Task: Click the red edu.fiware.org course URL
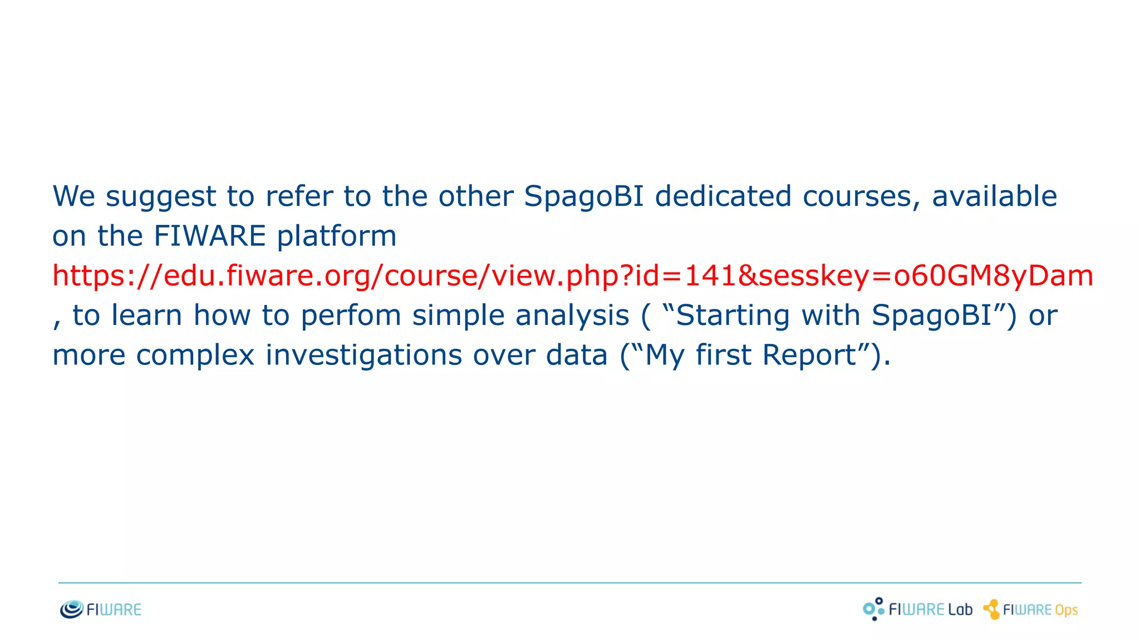(572, 276)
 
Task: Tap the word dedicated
(723, 196)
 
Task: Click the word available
(994, 196)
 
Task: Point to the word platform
(336, 236)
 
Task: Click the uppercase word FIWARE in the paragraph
(209, 236)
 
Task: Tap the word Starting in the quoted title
(733, 316)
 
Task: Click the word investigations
(363, 355)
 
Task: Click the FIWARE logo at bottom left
(101, 609)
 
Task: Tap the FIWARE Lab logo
(917, 609)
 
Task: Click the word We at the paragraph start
(73, 196)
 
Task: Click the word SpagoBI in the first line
(583, 198)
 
